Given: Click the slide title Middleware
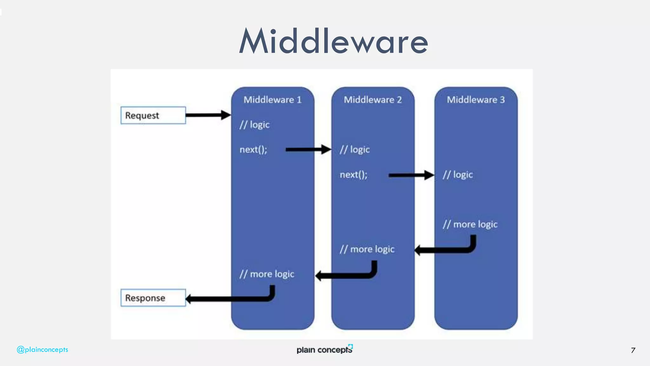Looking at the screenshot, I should point(333,41).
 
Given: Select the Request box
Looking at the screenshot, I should point(153,115).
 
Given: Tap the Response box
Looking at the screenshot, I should point(153,298).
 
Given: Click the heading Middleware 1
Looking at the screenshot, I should point(272,100).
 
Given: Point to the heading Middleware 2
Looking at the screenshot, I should point(373,100).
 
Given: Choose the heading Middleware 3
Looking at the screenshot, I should point(475,100).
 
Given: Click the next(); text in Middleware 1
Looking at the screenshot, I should point(253,149).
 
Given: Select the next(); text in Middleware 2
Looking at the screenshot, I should point(353,175).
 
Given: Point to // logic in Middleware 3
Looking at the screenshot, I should point(458,175).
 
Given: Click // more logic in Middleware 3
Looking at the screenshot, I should point(470,224).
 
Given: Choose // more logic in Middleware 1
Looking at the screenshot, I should point(267,274).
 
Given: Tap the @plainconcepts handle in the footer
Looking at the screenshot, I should point(42,349).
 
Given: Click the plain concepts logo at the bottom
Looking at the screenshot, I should point(324,349).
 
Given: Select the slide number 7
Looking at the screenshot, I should point(633,350).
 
